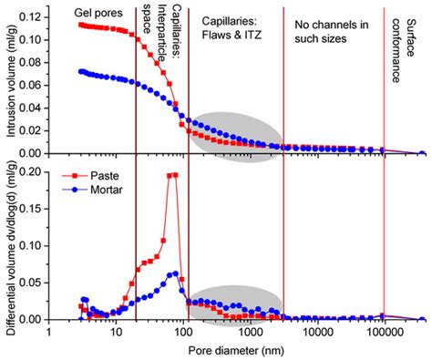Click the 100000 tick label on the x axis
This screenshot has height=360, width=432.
[384, 334]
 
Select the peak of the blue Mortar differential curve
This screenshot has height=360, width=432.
[175, 273]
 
